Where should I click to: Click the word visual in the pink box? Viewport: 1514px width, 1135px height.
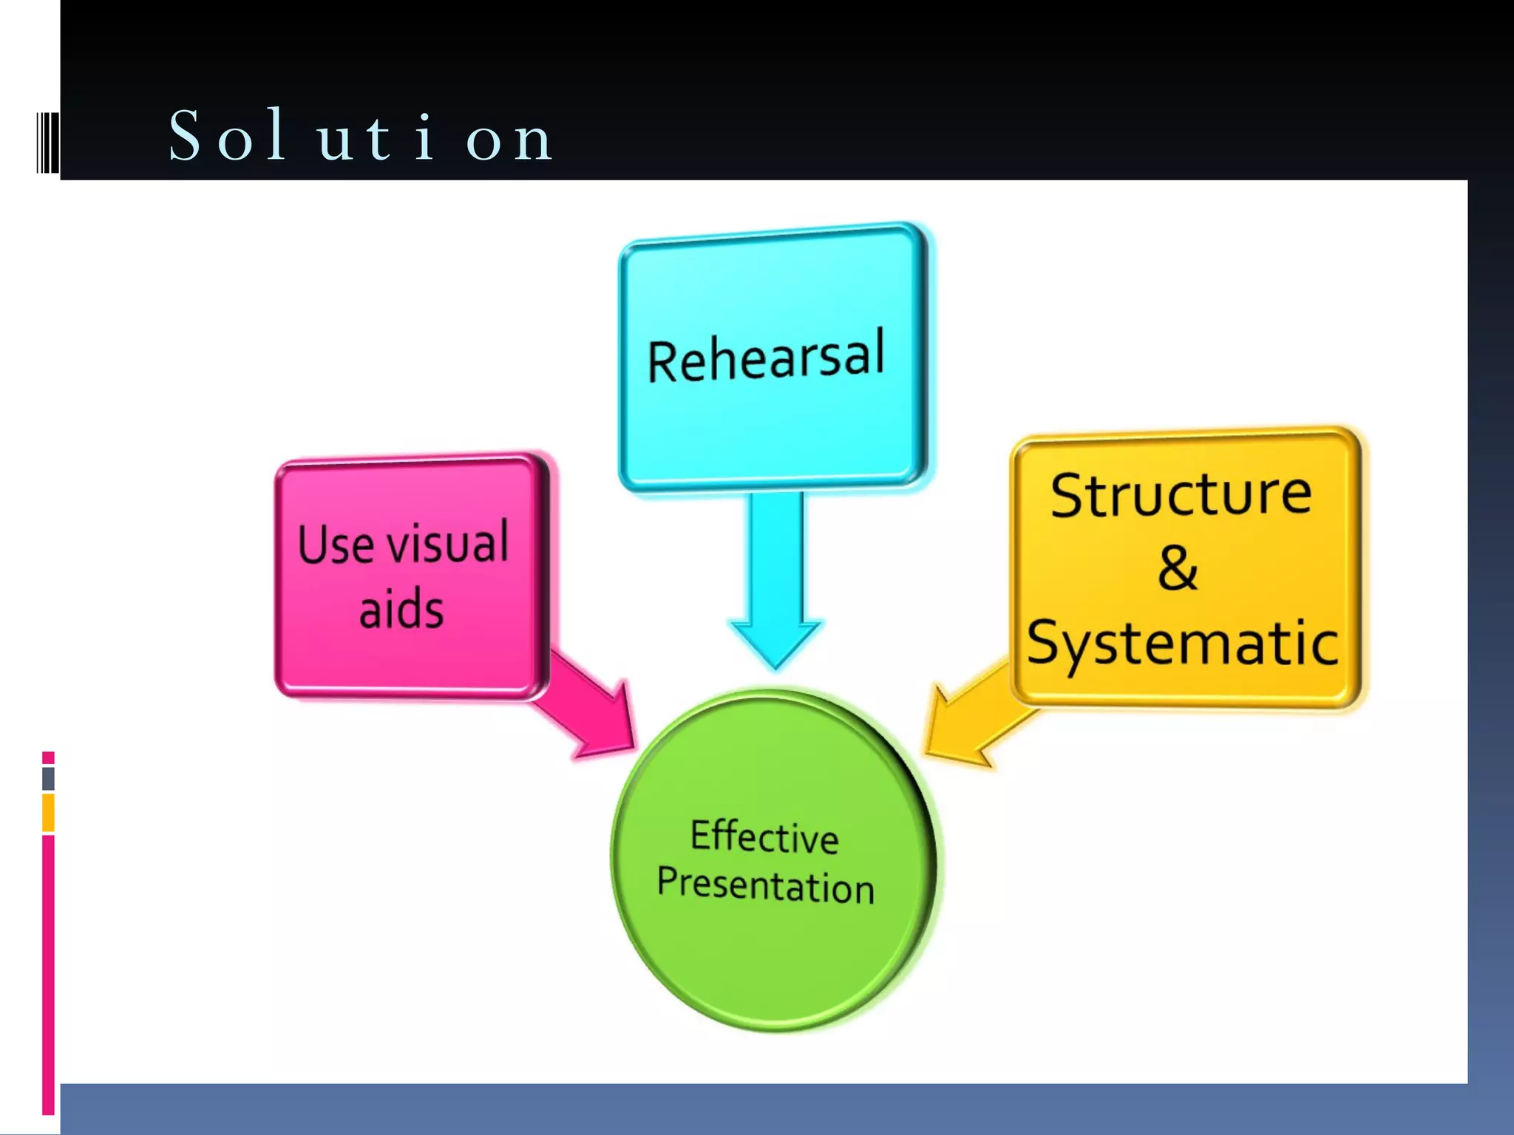(448, 542)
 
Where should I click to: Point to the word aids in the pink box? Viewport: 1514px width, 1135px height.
(401, 610)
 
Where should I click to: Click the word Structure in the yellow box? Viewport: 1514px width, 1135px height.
(1181, 494)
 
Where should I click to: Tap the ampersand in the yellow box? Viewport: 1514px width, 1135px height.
(1178, 568)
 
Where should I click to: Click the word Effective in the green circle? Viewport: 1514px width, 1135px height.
(764, 837)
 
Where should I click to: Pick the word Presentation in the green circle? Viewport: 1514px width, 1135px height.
(766, 885)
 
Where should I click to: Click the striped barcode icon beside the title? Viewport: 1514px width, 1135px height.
(48, 142)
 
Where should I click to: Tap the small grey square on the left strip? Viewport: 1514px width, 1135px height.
(48, 778)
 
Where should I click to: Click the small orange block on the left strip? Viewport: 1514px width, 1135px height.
(48, 812)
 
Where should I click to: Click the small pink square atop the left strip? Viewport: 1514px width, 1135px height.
(48, 757)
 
